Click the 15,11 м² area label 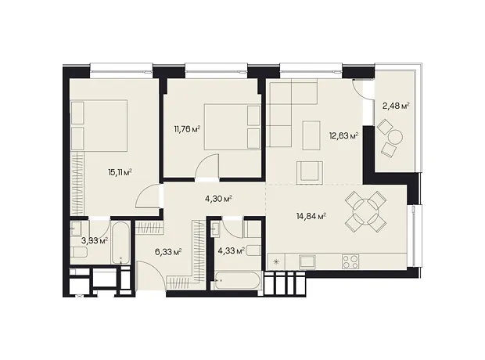click(x=120, y=172)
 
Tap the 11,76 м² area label click(x=188, y=129)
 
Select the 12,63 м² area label click(x=344, y=135)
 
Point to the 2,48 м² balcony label click(x=397, y=106)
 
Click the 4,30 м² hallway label click(x=219, y=199)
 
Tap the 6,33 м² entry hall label click(x=168, y=252)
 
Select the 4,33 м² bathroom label click(x=232, y=250)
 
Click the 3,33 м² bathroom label click(x=95, y=240)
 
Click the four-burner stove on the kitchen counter click(x=350, y=261)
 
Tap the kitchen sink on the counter click(x=307, y=261)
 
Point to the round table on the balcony click(x=395, y=136)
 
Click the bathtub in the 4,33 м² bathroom click(x=236, y=281)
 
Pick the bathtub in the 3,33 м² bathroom click(x=121, y=243)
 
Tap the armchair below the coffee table click(x=310, y=172)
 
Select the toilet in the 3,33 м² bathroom click(x=78, y=252)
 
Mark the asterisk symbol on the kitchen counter click(x=276, y=262)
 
